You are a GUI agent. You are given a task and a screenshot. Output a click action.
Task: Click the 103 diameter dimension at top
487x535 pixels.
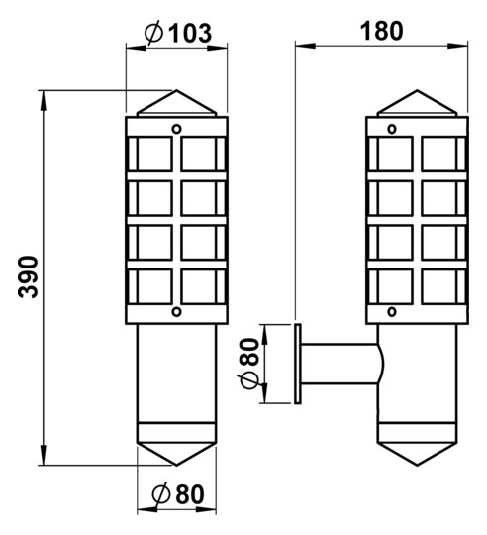189,33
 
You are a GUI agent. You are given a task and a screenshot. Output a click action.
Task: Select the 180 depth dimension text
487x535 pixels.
382,30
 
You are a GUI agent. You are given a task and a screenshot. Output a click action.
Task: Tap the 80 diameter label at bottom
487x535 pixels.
188,493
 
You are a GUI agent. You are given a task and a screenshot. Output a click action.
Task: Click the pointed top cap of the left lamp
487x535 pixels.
175,103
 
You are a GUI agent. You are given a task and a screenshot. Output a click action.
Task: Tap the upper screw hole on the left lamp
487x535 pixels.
176,128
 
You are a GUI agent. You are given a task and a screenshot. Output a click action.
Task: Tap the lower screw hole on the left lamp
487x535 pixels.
176,312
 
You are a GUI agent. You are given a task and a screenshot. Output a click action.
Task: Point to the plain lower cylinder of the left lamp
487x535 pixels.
175,376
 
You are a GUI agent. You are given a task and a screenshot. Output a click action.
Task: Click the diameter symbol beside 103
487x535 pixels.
153,33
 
